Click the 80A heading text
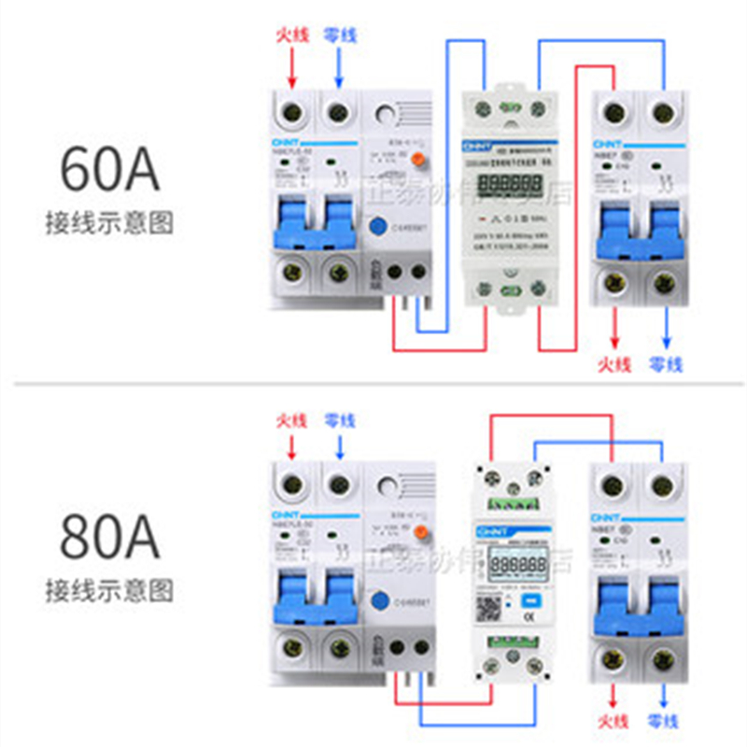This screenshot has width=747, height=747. point(110,536)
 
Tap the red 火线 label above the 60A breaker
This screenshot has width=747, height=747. point(292,35)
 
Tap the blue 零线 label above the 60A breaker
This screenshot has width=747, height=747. point(339,35)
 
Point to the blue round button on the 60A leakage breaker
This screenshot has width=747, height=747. point(380,227)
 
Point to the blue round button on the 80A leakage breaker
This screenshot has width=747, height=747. point(380,602)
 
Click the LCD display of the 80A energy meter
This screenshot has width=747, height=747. point(519,566)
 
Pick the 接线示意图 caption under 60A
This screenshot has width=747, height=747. point(110,223)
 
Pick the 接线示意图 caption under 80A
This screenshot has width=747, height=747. point(110,590)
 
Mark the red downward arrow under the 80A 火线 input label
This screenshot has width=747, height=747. point(292,446)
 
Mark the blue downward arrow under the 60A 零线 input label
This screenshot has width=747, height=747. point(339,67)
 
